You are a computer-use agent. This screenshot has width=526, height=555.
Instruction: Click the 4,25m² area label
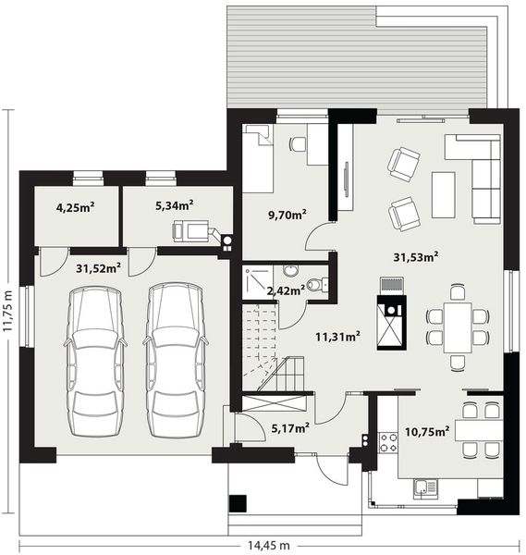click(x=76, y=207)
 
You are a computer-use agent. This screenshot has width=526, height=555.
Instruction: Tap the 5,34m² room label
click(x=172, y=204)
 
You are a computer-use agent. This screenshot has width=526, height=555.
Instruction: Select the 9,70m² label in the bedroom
click(x=287, y=215)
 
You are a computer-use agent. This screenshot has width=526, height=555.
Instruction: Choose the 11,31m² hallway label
click(x=337, y=336)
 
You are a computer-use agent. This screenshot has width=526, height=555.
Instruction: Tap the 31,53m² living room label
click(x=415, y=256)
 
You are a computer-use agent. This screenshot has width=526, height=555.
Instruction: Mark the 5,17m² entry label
click(x=289, y=427)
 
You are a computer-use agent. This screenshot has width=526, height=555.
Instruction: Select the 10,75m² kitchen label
click(x=428, y=431)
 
